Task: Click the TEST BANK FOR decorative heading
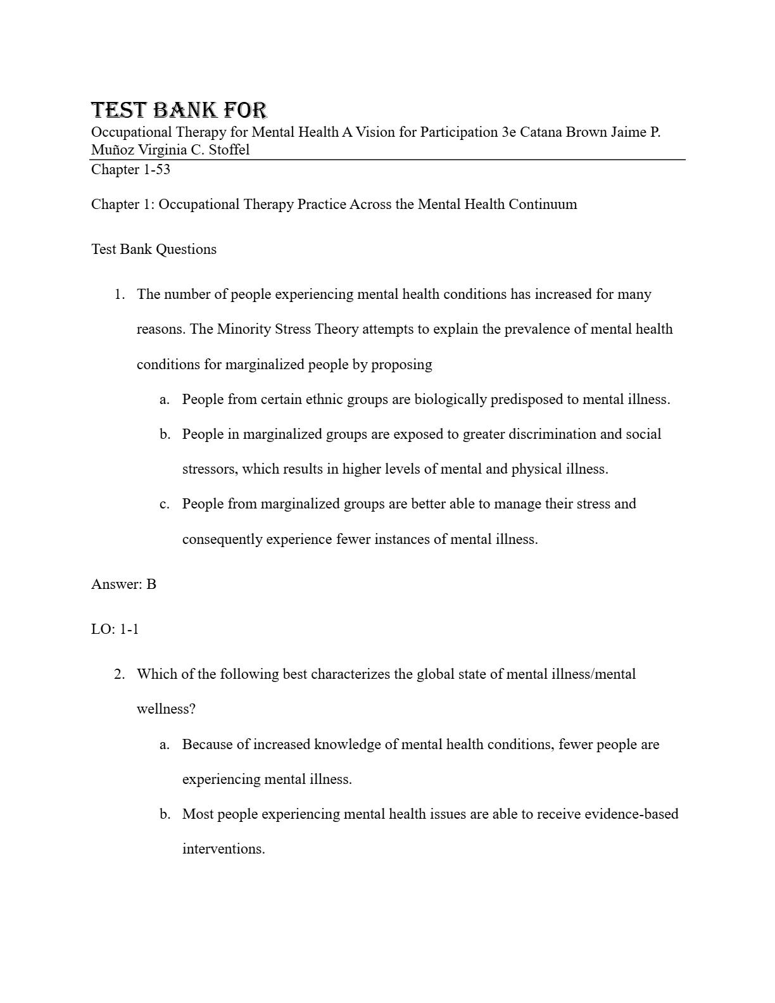179,110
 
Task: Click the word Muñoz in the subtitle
113,150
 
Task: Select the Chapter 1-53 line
130,170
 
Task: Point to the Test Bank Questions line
154,249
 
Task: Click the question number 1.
119,294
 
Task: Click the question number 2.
119,674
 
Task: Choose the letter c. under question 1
165,504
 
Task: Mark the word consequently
222,539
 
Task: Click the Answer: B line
123,584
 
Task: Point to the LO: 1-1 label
115,629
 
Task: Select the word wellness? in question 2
166,709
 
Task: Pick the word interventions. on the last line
224,849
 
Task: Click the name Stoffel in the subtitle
229,150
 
